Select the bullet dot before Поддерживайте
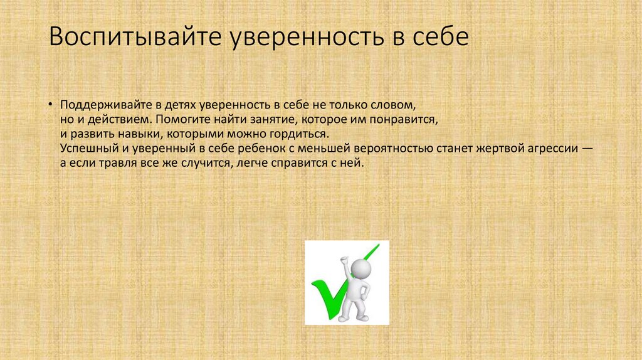coord(51,103)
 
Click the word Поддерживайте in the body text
coord(102,103)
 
